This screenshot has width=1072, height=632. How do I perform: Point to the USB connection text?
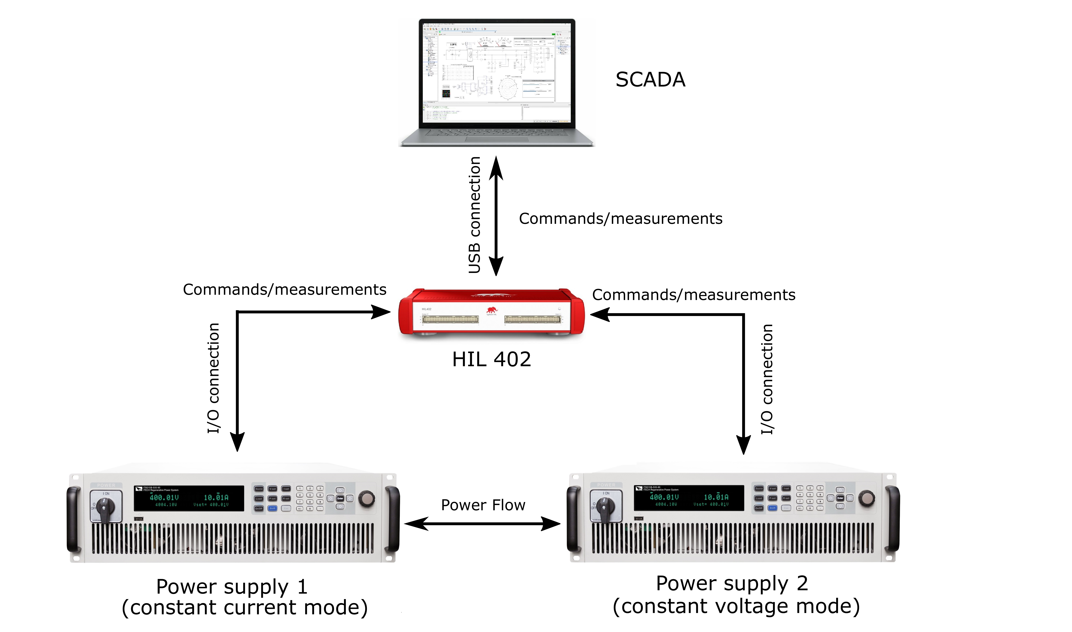pyautogui.click(x=474, y=215)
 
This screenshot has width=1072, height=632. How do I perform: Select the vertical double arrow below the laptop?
pyautogui.click(x=496, y=216)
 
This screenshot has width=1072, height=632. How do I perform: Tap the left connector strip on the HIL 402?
pyautogui.click(x=450, y=319)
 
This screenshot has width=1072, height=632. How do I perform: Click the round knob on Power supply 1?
pyautogui.click(x=367, y=498)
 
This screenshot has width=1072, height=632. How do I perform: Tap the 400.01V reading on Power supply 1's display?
pyautogui.click(x=164, y=498)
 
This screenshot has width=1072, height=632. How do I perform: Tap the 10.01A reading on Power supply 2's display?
pyautogui.click(x=716, y=497)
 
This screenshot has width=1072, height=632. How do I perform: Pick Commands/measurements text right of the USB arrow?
pyautogui.click(x=620, y=219)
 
